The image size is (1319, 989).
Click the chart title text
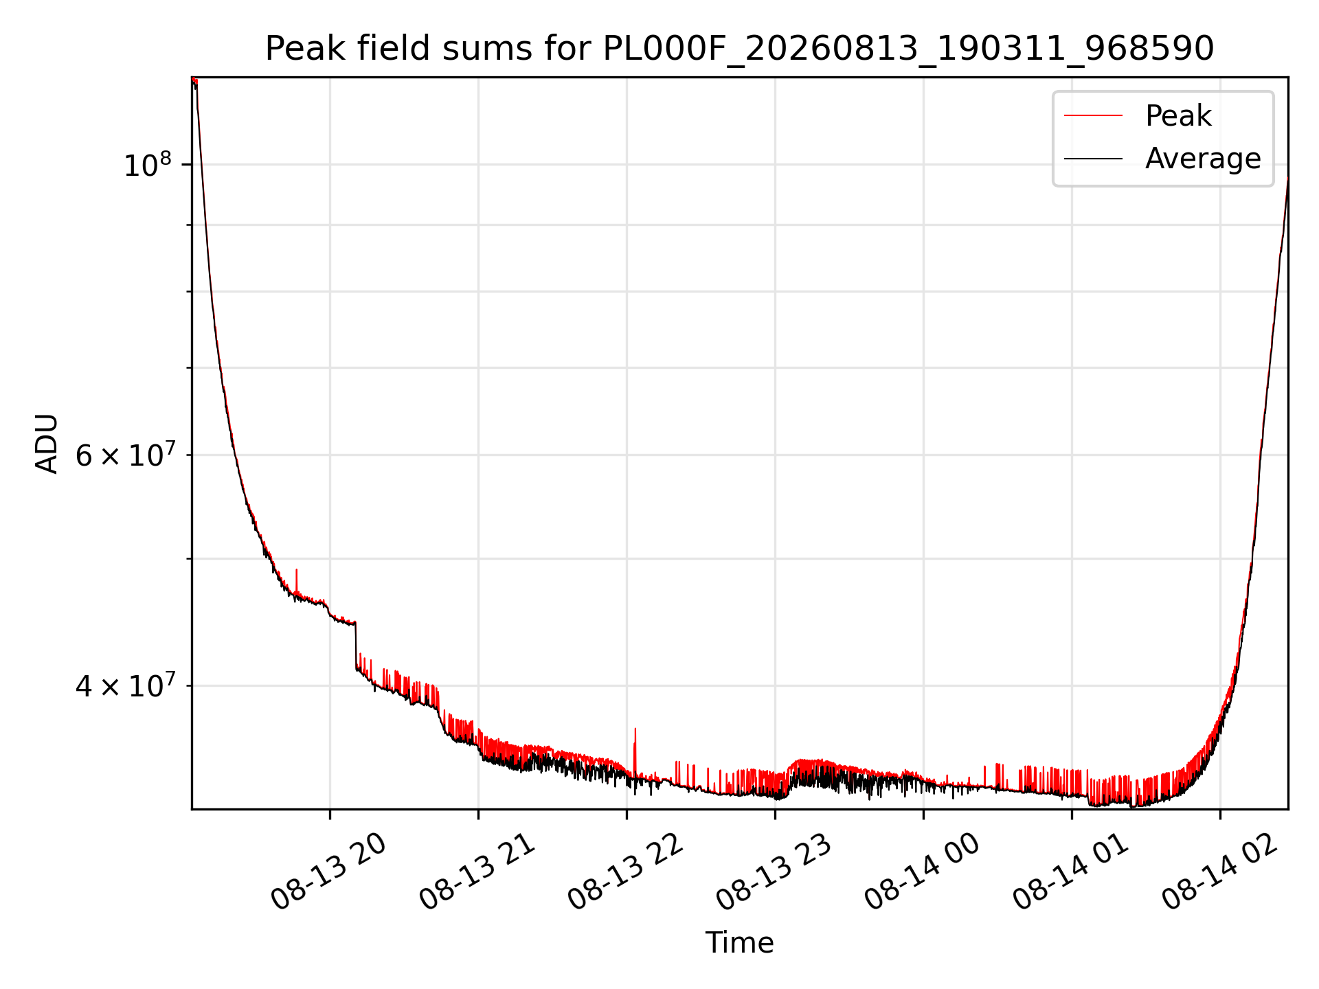coord(739,49)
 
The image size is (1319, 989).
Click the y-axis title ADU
coord(47,444)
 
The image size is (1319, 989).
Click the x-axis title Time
coord(739,943)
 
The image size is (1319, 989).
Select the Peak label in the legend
coord(1178,116)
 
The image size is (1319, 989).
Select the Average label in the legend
coord(1203,159)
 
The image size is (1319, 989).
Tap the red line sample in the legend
coord(1093,116)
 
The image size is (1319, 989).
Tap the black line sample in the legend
coord(1093,159)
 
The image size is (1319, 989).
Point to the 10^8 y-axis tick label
coord(147,165)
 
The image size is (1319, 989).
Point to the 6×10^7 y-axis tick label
coord(124,455)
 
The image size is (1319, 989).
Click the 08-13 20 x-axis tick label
coord(328,872)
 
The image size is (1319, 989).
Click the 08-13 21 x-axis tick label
coord(477,872)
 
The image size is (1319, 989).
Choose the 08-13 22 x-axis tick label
coord(625,872)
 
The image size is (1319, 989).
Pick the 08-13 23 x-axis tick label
coord(774,872)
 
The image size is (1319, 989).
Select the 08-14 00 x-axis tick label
coord(922,872)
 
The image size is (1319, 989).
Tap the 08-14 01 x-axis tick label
coord(1070,872)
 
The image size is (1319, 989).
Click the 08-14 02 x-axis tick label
coord(1219,872)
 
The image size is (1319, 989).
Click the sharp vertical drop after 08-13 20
coord(356,646)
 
